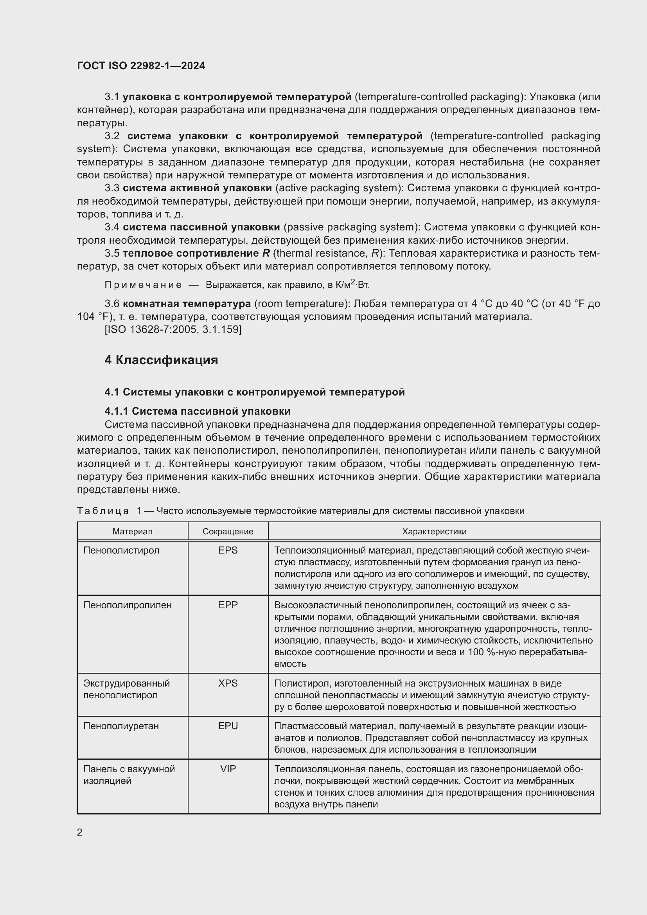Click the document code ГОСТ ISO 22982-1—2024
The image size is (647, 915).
pyautogui.click(x=141, y=66)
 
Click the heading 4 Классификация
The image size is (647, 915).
pyautogui.click(x=161, y=360)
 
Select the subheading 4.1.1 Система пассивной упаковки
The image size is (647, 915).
pyautogui.click(x=197, y=411)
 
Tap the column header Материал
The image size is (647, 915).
pyautogui.click(x=132, y=531)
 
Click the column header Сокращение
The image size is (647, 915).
pyautogui.click(x=228, y=531)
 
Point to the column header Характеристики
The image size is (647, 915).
pyautogui.click(x=434, y=531)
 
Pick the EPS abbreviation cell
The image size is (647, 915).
pyautogui.click(x=228, y=550)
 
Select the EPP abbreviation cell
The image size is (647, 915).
pyautogui.click(x=228, y=605)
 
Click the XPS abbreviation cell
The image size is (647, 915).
pyautogui.click(x=228, y=683)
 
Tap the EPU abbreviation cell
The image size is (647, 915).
pyautogui.click(x=228, y=726)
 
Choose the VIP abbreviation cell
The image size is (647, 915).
pyautogui.click(x=228, y=769)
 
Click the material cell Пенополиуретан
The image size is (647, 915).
pyautogui.click(x=121, y=726)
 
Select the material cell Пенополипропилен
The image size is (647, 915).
pyautogui.click(x=128, y=605)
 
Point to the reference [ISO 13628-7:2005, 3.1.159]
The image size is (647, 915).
pyautogui.click(x=173, y=329)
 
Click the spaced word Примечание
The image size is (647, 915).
pyautogui.click(x=143, y=285)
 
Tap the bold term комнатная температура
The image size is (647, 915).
pyautogui.click(x=187, y=304)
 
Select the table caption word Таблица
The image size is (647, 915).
pyautogui.click(x=103, y=511)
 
